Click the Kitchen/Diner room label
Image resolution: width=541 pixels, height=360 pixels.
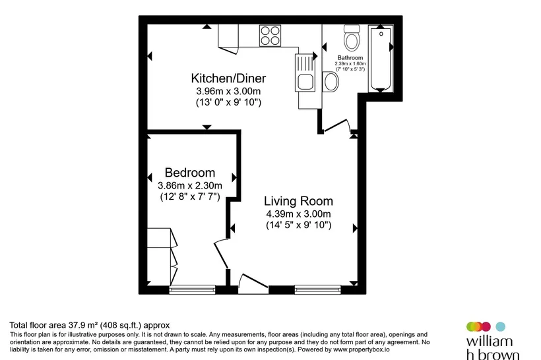coord(228,78)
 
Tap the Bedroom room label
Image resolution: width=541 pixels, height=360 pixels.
coord(190,172)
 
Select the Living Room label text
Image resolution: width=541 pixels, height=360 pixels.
coord(298,201)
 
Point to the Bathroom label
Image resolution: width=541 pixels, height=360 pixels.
coord(350,57)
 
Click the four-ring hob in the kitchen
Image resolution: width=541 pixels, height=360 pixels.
coord(270,36)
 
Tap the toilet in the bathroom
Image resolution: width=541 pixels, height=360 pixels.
coord(352,38)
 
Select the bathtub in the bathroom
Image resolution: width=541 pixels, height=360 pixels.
coord(381,58)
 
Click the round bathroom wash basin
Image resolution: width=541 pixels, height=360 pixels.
coord(331,82)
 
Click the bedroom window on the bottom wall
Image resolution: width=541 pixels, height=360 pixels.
coord(192,289)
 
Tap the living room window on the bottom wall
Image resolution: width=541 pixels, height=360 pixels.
coord(318,289)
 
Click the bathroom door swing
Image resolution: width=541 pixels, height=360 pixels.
coord(337,125)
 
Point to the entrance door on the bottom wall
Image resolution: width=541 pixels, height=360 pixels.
coord(253,284)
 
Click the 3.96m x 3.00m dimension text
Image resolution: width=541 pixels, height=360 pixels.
coord(228,92)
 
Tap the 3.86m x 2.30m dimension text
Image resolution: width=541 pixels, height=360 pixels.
coord(190,185)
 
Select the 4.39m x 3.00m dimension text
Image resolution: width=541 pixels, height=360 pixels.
coord(298,214)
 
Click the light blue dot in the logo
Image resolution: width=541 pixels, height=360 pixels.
coord(500,326)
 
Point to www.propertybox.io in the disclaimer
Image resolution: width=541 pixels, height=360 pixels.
coord(362,349)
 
